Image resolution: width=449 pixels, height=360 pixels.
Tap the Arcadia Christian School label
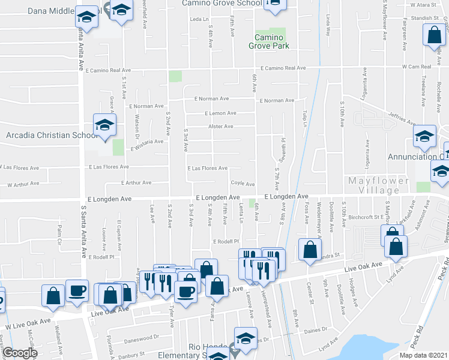coord(52,136)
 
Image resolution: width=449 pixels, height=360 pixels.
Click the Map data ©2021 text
coord(424,355)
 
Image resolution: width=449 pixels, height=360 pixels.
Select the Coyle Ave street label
coord(243,184)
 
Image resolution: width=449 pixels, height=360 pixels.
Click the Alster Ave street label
coord(220,127)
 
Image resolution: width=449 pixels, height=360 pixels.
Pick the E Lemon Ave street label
coord(220,113)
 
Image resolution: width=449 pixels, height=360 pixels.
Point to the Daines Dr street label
coord(315,330)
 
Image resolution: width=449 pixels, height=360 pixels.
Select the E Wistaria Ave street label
coord(145,142)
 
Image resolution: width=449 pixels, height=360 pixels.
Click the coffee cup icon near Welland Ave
coord(76,290)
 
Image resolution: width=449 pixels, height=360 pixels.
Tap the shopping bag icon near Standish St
coord(434,35)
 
